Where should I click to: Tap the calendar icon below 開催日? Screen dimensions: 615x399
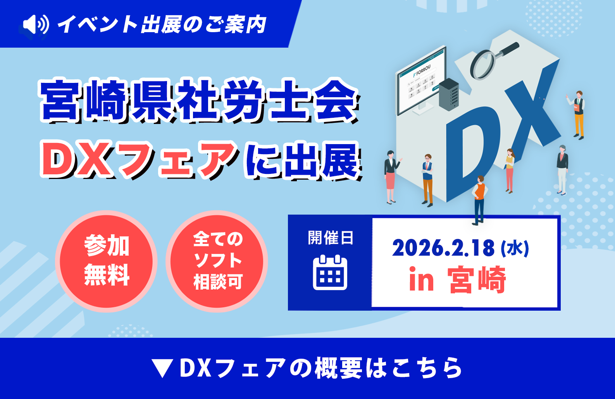(x=330, y=272)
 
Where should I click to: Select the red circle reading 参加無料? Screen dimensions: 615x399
(x=106, y=261)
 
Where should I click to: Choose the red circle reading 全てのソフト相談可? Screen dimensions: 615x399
(x=217, y=261)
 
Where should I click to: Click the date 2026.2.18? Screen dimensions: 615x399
(x=443, y=248)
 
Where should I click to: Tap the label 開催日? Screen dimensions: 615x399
(x=330, y=237)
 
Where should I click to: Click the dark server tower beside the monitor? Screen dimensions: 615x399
(x=449, y=95)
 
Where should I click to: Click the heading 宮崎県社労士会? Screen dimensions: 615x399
(x=199, y=100)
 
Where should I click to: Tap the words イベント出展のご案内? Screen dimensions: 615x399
(x=162, y=24)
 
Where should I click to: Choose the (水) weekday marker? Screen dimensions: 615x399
(x=515, y=249)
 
